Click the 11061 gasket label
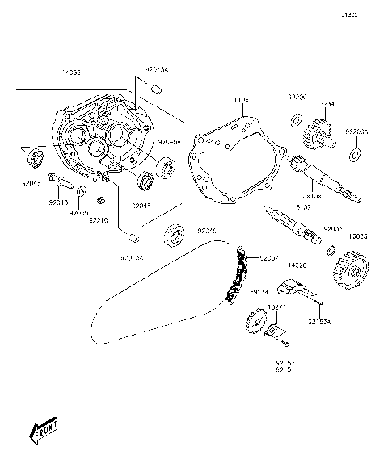pyautogui.click(x=242, y=100)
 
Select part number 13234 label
pyautogui.click(x=327, y=104)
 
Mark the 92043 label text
pyautogui.click(x=58, y=205)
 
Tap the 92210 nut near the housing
pyautogui.click(x=99, y=200)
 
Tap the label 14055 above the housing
pyautogui.click(x=72, y=72)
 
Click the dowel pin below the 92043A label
pyautogui.click(x=158, y=88)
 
